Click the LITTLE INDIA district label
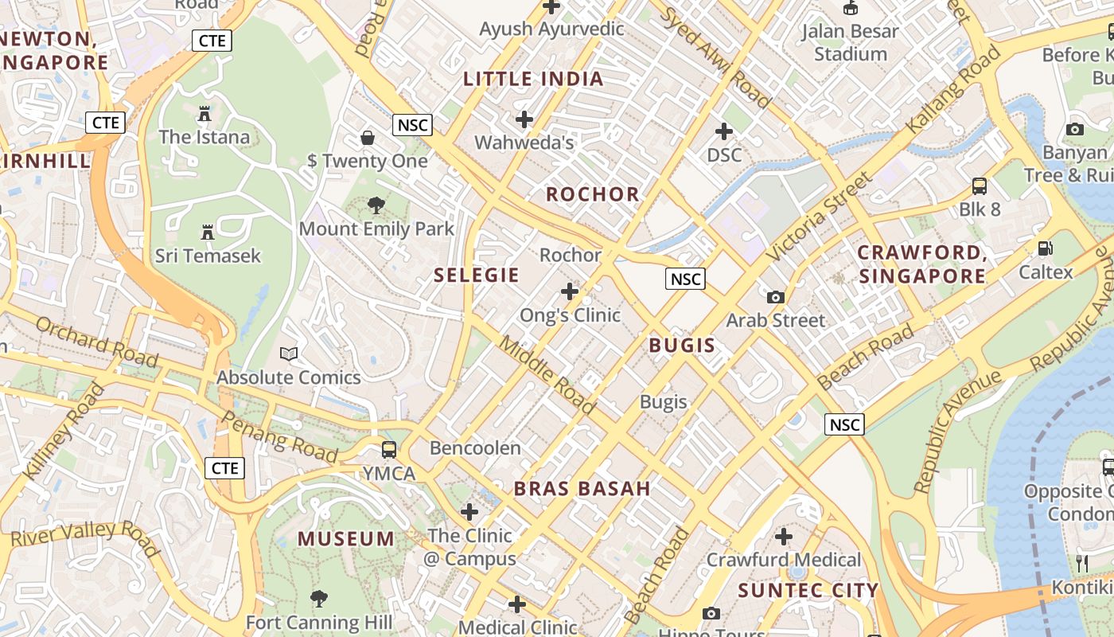533,79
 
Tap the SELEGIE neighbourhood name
476,276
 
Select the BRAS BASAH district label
582,489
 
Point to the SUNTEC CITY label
808,591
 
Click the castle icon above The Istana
204,114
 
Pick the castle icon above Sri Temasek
208,233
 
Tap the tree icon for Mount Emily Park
376,206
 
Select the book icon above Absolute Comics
289,354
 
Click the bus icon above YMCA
388,450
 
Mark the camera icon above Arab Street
775,298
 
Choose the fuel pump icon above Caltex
1046,249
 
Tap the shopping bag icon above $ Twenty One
368,138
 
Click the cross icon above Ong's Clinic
570,291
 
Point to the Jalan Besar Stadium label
850,43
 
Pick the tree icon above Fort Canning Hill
318,599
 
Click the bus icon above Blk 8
980,186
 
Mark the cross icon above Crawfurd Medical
784,537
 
